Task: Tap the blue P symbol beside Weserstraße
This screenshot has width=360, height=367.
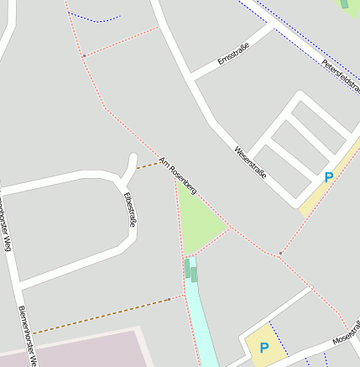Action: point(328,178)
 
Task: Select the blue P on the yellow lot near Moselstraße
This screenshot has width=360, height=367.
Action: point(264,348)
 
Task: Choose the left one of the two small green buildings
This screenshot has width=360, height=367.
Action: point(187,268)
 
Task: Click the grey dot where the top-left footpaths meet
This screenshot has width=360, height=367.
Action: point(84,55)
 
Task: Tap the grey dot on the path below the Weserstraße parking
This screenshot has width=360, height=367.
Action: point(280,252)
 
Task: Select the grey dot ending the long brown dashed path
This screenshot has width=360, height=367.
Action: point(170,298)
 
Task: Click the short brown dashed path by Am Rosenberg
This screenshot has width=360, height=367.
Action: point(148,165)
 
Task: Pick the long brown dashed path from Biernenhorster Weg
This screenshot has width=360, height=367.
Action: point(101,315)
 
